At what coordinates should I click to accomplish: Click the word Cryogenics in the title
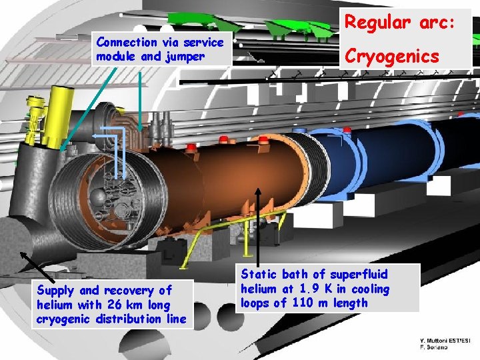(391, 56)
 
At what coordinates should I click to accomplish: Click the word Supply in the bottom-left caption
(57, 291)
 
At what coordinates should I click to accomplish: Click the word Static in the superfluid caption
(258, 275)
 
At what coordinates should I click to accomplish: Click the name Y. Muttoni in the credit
(437, 340)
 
